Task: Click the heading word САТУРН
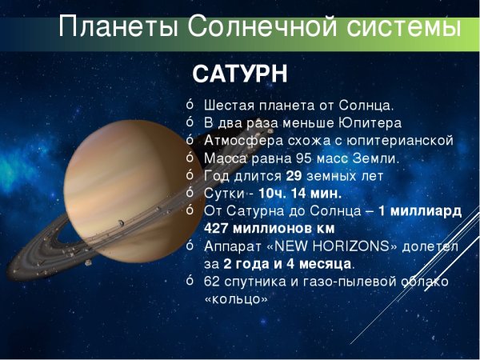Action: (239, 74)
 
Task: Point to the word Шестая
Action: (228, 106)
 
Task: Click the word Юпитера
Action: (370, 123)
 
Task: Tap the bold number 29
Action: (293, 176)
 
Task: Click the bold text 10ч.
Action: (272, 194)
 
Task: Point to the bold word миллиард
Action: (430, 211)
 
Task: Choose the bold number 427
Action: (218, 229)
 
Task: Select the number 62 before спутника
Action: (211, 282)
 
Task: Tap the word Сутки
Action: (224, 194)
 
